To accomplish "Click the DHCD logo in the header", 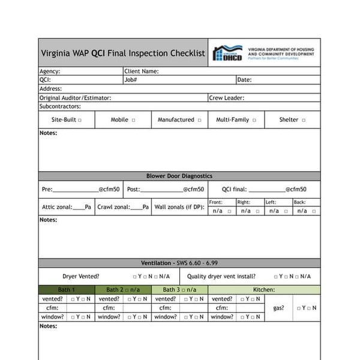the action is coord(229,53).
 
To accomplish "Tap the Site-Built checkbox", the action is coord(79,120).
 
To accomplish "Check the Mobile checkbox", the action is coord(133,120).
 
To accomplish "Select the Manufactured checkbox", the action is coord(199,120).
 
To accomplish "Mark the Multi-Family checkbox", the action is coord(254,120).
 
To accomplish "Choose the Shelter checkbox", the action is coord(304,120).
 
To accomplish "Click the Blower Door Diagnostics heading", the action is coord(179,176).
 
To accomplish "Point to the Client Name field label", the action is coord(142,71).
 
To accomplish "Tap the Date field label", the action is coord(244,79).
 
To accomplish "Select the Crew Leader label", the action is coord(226,97).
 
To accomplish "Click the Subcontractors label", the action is coord(59,106).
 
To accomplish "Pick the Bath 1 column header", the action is coord(67,290).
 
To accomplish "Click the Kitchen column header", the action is coord(263,290).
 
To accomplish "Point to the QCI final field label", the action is coord(235,189).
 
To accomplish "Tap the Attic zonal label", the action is coord(56,208).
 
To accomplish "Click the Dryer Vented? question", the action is coord(81,277).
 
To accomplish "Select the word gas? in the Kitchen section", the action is coord(278,308).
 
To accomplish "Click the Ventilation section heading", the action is coord(179,263).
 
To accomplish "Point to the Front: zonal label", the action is coord(215,202).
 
